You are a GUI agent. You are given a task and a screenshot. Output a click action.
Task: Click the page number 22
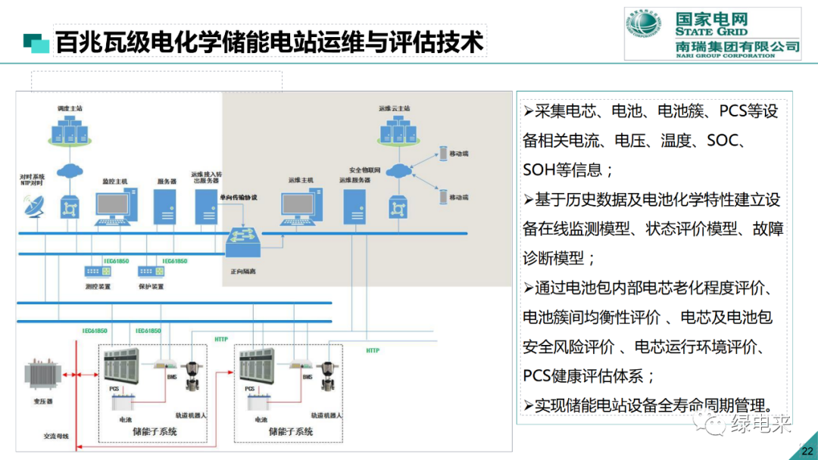click(x=805, y=452)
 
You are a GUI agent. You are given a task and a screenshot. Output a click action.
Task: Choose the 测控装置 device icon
click(x=97, y=271)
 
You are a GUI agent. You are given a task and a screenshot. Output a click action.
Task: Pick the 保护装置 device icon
click(x=150, y=271)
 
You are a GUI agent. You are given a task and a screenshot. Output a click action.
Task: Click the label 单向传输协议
click(x=239, y=197)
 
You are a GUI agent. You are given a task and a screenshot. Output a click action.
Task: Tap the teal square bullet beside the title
click(x=36, y=42)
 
